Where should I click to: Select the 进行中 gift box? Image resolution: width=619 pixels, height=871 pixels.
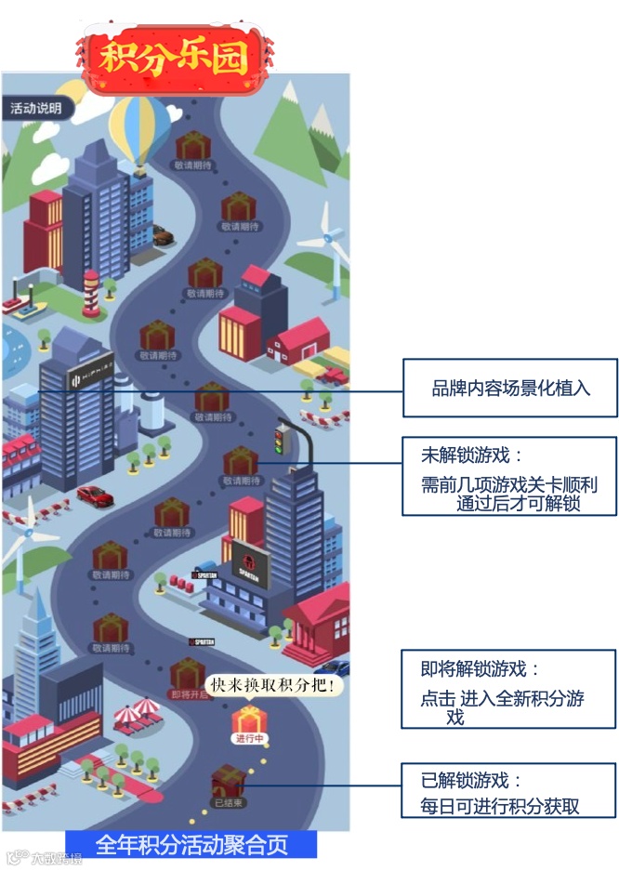(248, 720)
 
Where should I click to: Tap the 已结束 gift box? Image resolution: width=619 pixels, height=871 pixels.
(228, 780)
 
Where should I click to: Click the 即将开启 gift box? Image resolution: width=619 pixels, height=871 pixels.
(188, 674)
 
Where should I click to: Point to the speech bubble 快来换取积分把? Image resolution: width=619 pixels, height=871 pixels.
(273, 686)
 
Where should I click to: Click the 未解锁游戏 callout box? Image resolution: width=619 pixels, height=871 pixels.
(509, 476)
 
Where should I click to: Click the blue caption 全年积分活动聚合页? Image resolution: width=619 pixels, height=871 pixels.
(191, 844)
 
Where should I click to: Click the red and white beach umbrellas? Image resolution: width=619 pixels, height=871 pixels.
(137, 714)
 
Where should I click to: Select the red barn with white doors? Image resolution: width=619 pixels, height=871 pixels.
(304, 343)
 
